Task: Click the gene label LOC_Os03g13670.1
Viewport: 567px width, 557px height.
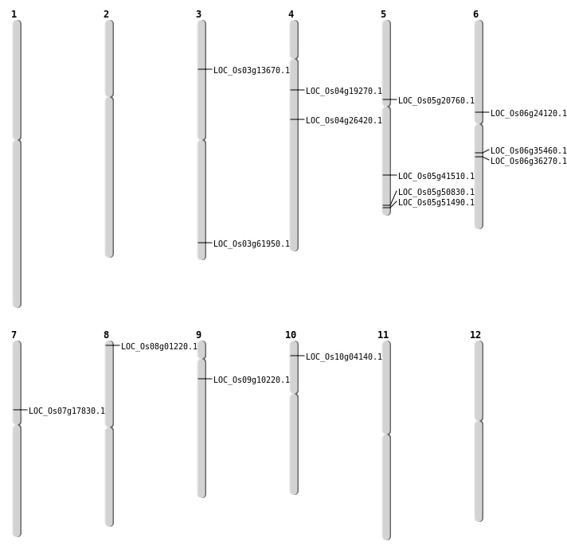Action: (251, 71)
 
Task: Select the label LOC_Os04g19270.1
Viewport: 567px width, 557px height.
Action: (343, 92)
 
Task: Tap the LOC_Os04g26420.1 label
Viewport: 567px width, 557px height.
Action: (343, 121)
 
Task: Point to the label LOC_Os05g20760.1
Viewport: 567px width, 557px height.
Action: (436, 101)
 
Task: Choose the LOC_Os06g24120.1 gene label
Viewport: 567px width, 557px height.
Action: (528, 114)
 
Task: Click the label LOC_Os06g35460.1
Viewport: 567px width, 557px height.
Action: (528, 151)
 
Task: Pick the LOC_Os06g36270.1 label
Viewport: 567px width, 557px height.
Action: (528, 162)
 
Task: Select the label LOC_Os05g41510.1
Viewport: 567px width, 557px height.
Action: (436, 177)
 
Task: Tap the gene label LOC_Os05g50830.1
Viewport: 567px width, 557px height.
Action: (436, 193)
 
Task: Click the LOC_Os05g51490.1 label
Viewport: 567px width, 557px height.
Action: (436, 203)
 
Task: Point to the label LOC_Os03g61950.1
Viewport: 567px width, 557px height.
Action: (251, 244)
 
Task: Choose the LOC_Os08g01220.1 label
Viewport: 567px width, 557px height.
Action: (158, 347)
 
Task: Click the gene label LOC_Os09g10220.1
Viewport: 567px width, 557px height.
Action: (251, 380)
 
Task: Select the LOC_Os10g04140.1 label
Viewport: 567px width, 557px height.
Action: (343, 357)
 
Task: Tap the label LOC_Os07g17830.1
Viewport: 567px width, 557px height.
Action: (66, 411)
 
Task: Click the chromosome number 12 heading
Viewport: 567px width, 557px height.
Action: (475, 335)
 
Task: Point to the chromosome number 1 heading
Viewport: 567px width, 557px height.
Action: (14, 14)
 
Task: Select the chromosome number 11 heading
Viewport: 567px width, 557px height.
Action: (383, 335)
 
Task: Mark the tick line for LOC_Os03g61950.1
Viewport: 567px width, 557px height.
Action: (205, 243)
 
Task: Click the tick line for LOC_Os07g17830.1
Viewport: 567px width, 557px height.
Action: (20, 410)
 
